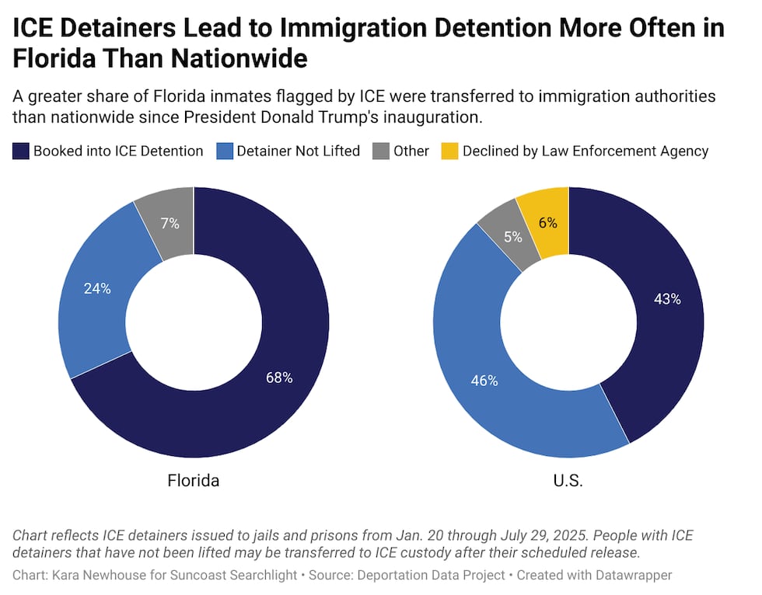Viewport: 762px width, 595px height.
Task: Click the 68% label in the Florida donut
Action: coord(278,378)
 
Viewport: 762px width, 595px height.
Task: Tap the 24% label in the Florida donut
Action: coord(97,288)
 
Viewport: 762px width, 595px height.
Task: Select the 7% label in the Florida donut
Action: coord(170,224)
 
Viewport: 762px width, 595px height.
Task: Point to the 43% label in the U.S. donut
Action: coord(667,299)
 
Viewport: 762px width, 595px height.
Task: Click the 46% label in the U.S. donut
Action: coord(484,381)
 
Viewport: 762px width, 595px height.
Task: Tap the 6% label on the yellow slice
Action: coord(547,222)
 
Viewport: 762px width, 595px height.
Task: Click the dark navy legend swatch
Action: coord(21,151)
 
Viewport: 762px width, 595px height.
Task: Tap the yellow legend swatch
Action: coord(451,151)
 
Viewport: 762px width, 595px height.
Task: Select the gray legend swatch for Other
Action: coord(382,151)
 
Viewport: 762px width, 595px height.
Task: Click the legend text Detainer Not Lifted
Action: coord(299,151)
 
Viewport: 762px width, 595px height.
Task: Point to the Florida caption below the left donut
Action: coord(194,480)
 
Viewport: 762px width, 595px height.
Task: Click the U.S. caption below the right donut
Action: coord(568,480)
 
